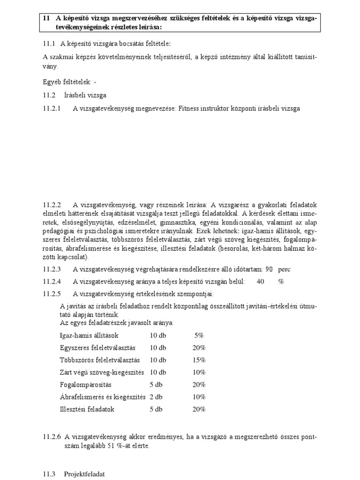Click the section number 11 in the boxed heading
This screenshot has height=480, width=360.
pos(45,18)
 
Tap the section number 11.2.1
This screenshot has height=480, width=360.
pos(52,108)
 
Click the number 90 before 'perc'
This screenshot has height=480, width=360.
pos(269,270)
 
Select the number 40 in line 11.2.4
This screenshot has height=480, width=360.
pos(261,282)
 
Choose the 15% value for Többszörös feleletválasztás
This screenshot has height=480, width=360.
pos(199,360)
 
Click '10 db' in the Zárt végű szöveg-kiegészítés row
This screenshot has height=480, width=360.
pos(158,372)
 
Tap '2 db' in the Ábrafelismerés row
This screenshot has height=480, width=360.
pos(156,397)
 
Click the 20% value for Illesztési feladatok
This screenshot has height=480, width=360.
pos(199,409)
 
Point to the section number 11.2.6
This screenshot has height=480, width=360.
pos(52,437)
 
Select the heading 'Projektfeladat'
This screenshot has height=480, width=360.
pos(84,474)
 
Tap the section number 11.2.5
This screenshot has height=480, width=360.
pos(52,294)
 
